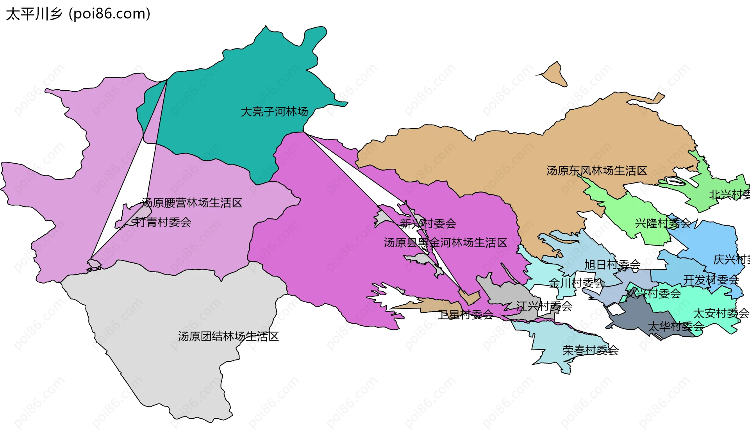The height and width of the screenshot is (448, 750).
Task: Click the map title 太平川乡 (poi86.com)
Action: point(78,14)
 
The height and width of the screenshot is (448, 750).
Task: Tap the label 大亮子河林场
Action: point(274,112)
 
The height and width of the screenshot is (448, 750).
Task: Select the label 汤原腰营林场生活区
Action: point(192,203)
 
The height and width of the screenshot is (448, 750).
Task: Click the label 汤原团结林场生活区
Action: point(228,336)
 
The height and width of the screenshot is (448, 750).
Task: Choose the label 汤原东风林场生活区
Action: point(596,171)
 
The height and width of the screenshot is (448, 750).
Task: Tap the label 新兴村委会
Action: point(428,223)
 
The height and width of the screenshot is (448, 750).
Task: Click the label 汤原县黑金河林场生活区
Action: point(445,243)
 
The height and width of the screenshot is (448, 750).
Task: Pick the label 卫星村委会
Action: point(465,314)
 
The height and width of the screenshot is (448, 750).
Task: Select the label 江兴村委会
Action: point(544,306)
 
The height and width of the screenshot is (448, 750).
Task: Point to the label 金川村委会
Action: point(577,283)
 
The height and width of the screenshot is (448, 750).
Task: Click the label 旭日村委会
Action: point(612,265)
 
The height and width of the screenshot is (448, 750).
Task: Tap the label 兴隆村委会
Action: point(663,223)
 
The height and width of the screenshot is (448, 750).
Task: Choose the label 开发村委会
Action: point(711,280)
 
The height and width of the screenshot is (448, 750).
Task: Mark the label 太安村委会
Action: point(721,313)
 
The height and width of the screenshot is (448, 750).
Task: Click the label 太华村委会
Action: point(676,326)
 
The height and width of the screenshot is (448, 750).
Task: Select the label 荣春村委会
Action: point(590,350)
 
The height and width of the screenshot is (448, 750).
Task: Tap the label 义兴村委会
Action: point(653,293)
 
